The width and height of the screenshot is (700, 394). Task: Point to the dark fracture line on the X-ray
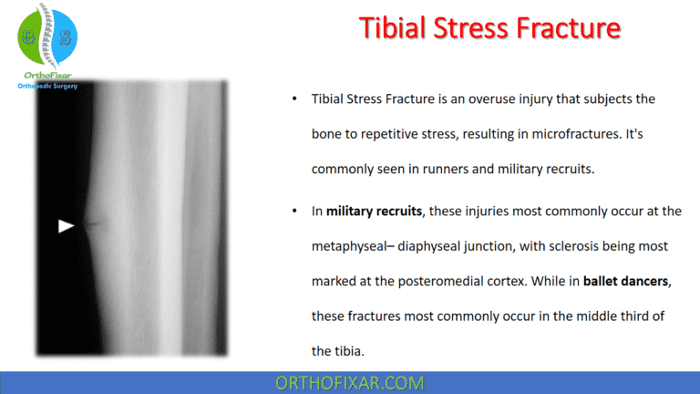pos(92,223)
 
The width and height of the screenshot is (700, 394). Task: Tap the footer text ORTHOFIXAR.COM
pos(350,382)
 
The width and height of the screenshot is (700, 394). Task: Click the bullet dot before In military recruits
pos(294,211)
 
